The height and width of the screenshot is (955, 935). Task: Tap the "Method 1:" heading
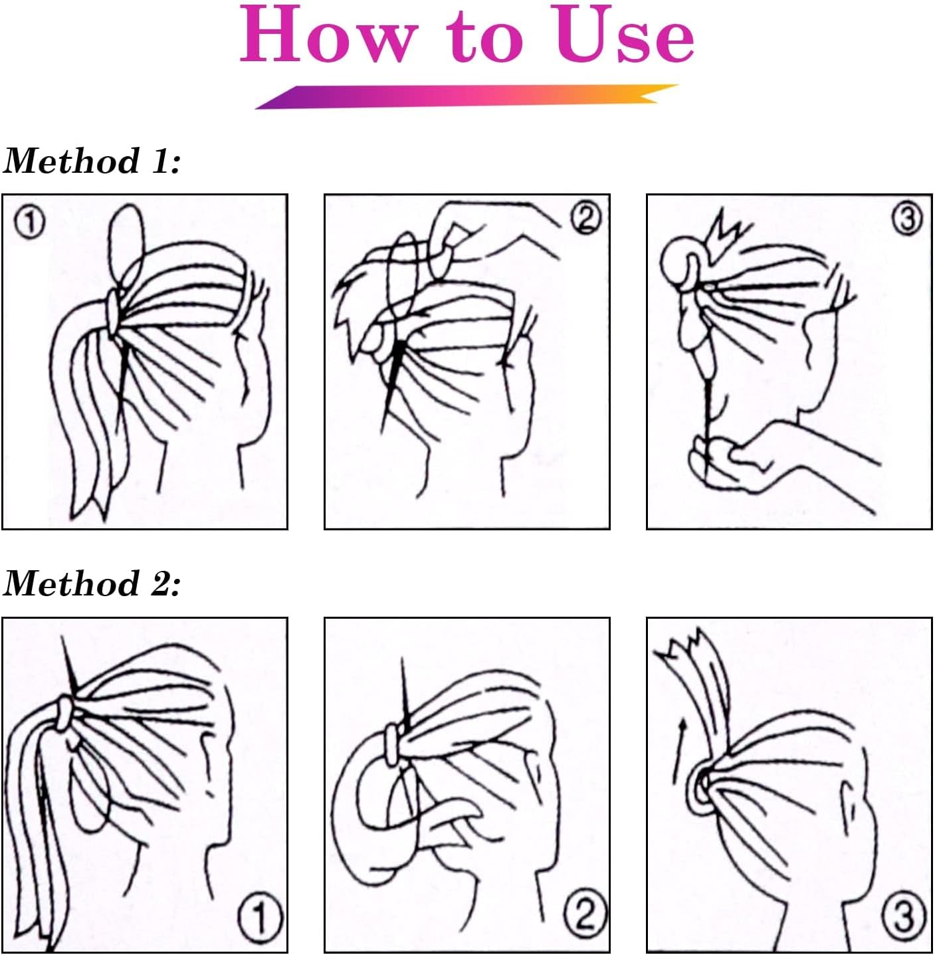tap(92, 161)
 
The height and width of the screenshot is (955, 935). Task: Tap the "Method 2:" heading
tap(92, 584)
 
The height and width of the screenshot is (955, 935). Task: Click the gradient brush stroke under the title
tap(465, 96)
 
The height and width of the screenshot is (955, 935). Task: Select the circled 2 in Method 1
tap(585, 218)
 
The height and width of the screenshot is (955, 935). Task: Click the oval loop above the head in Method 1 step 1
tap(126, 243)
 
